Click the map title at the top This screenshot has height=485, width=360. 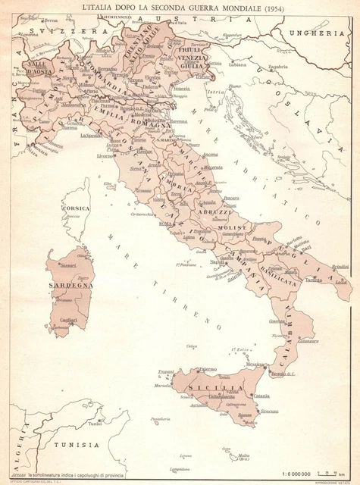(180, 7)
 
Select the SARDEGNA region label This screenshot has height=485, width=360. (70, 287)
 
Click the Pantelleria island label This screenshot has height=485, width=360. (160, 419)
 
